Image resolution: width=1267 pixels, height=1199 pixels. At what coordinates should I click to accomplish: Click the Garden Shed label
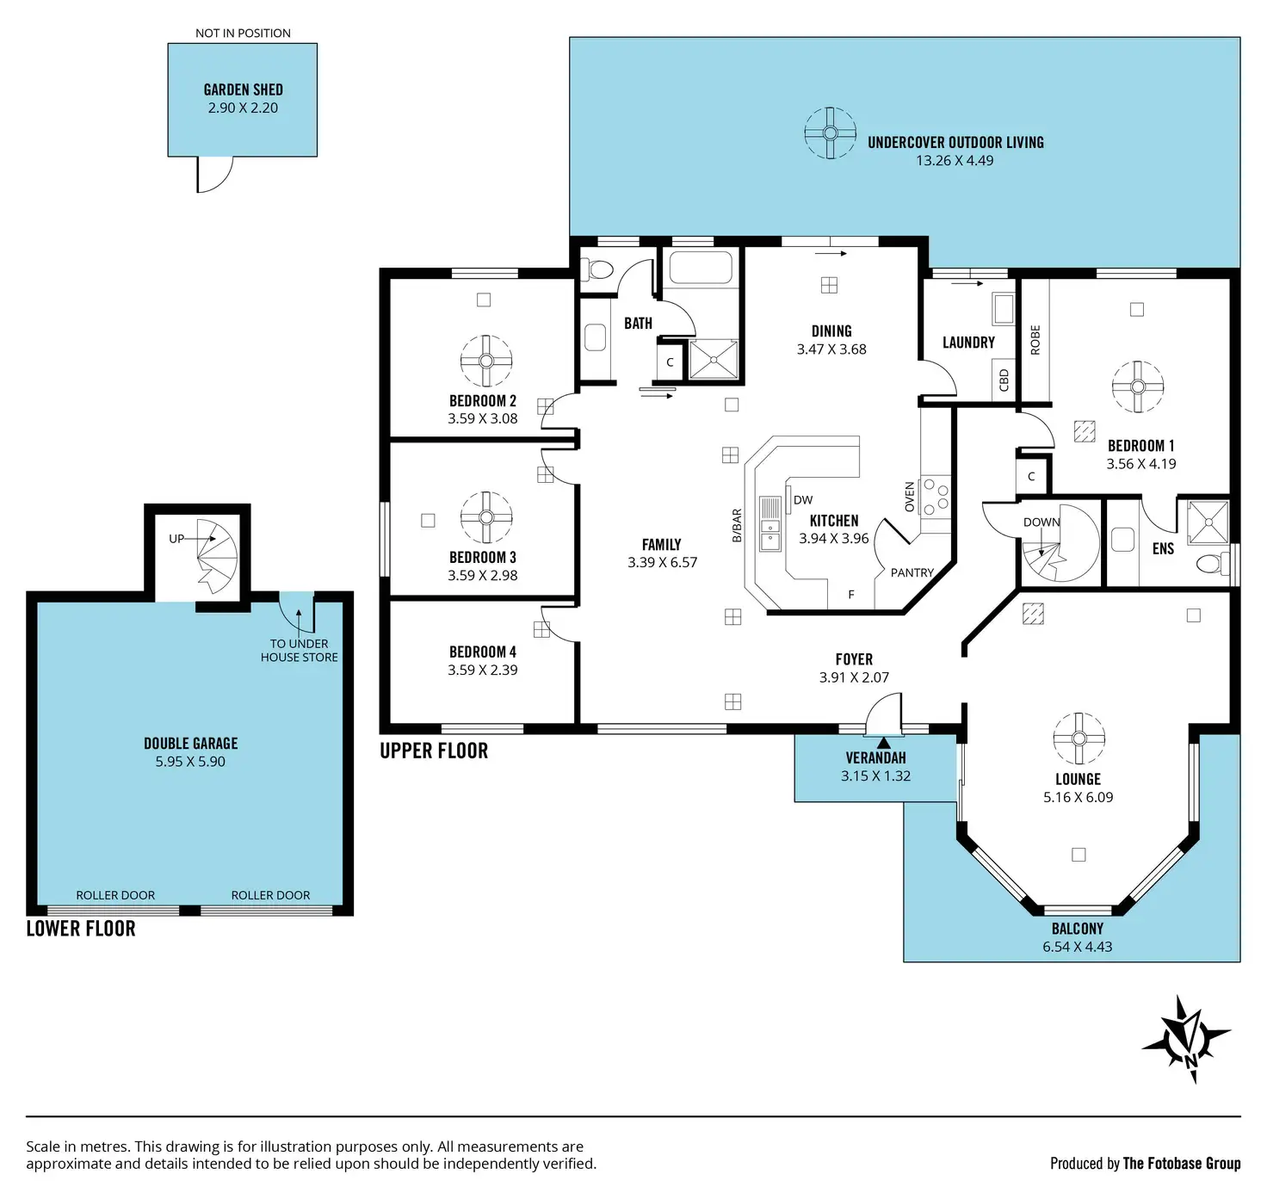click(243, 90)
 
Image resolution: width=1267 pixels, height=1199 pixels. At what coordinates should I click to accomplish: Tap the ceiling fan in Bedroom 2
click(486, 361)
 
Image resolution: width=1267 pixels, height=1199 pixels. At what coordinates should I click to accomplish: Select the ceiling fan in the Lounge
click(1078, 739)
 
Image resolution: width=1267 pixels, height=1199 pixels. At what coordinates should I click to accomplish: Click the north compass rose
click(1186, 1039)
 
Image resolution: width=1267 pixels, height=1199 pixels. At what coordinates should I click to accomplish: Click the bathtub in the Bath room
click(701, 268)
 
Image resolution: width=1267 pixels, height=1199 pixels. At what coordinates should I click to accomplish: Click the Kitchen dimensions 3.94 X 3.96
click(834, 538)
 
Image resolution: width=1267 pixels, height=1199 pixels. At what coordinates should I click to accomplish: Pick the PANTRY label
click(912, 572)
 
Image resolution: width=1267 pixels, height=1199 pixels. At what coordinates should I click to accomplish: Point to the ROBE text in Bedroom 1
click(1035, 340)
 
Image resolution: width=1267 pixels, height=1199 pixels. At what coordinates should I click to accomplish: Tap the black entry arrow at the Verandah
click(884, 743)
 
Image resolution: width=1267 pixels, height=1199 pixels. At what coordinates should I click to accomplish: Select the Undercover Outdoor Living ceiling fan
click(830, 133)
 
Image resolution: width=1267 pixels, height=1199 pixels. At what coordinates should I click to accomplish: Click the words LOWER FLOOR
click(81, 929)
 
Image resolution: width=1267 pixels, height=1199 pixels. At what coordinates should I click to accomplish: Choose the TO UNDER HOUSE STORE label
click(299, 651)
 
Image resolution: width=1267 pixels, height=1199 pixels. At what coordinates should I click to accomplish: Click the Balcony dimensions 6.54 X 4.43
click(1078, 947)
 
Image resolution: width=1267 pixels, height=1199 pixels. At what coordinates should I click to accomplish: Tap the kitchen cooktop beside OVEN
click(936, 496)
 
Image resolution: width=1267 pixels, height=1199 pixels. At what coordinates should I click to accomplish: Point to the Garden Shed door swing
click(214, 174)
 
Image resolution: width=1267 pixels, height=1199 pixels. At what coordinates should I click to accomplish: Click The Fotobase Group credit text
click(1181, 1163)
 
